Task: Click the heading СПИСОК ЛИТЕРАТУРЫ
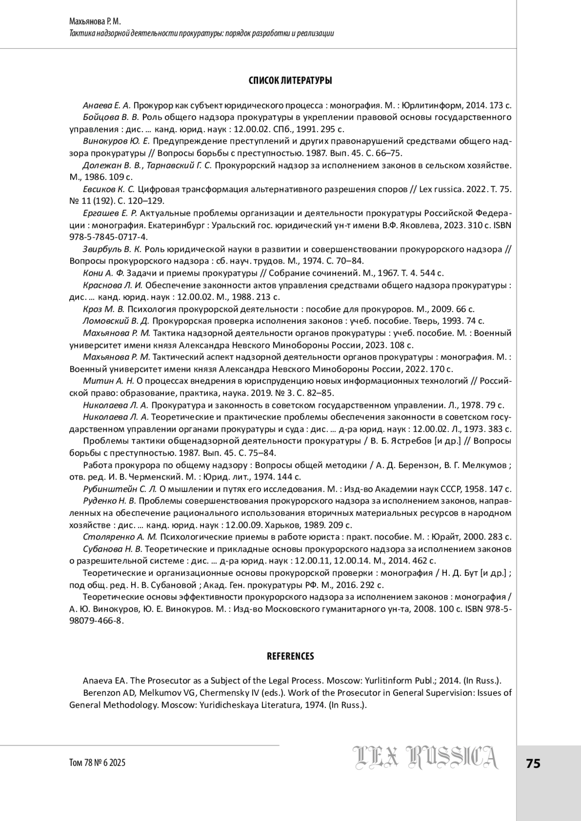click(x=290, y=81)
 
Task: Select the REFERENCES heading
click(x=290, y=657)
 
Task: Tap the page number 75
click(x=533, y=764)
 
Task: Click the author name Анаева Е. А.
click(x=107, y=105)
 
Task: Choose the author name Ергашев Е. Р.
click(x=110, y=213)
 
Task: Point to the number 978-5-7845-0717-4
click(x=109, y=237)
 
